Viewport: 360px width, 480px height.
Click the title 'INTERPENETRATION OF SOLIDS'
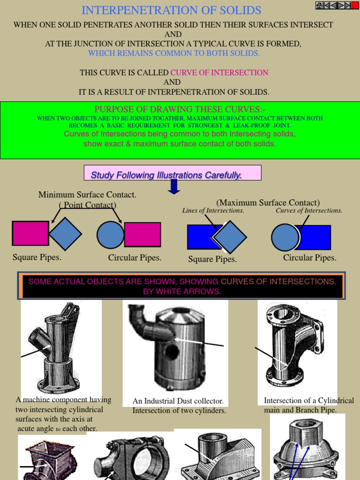tap(172, 10)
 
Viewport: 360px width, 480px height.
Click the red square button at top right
tap(355, 5)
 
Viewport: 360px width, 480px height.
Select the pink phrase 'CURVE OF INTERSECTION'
tap(219, 73)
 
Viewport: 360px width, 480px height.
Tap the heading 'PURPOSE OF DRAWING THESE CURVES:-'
tap(180, 109)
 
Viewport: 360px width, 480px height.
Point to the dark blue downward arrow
tap(174, 186)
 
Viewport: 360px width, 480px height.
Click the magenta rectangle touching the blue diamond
tap(30, 233)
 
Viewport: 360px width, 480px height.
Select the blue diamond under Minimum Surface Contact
tap(65, 233)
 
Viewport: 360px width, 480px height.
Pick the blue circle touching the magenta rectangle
tap(111, 235)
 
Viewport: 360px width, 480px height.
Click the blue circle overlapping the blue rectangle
tap(285, 237)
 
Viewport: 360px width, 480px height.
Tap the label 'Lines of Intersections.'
tap(213, 211)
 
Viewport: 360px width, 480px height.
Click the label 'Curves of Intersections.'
tap(309, 211)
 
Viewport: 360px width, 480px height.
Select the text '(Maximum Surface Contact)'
tap(268, 202)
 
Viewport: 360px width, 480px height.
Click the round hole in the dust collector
tap(172, 352)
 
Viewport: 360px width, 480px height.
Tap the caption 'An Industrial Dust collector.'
tap(178, 401)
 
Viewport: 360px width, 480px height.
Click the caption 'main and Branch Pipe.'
tap(300, 410)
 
